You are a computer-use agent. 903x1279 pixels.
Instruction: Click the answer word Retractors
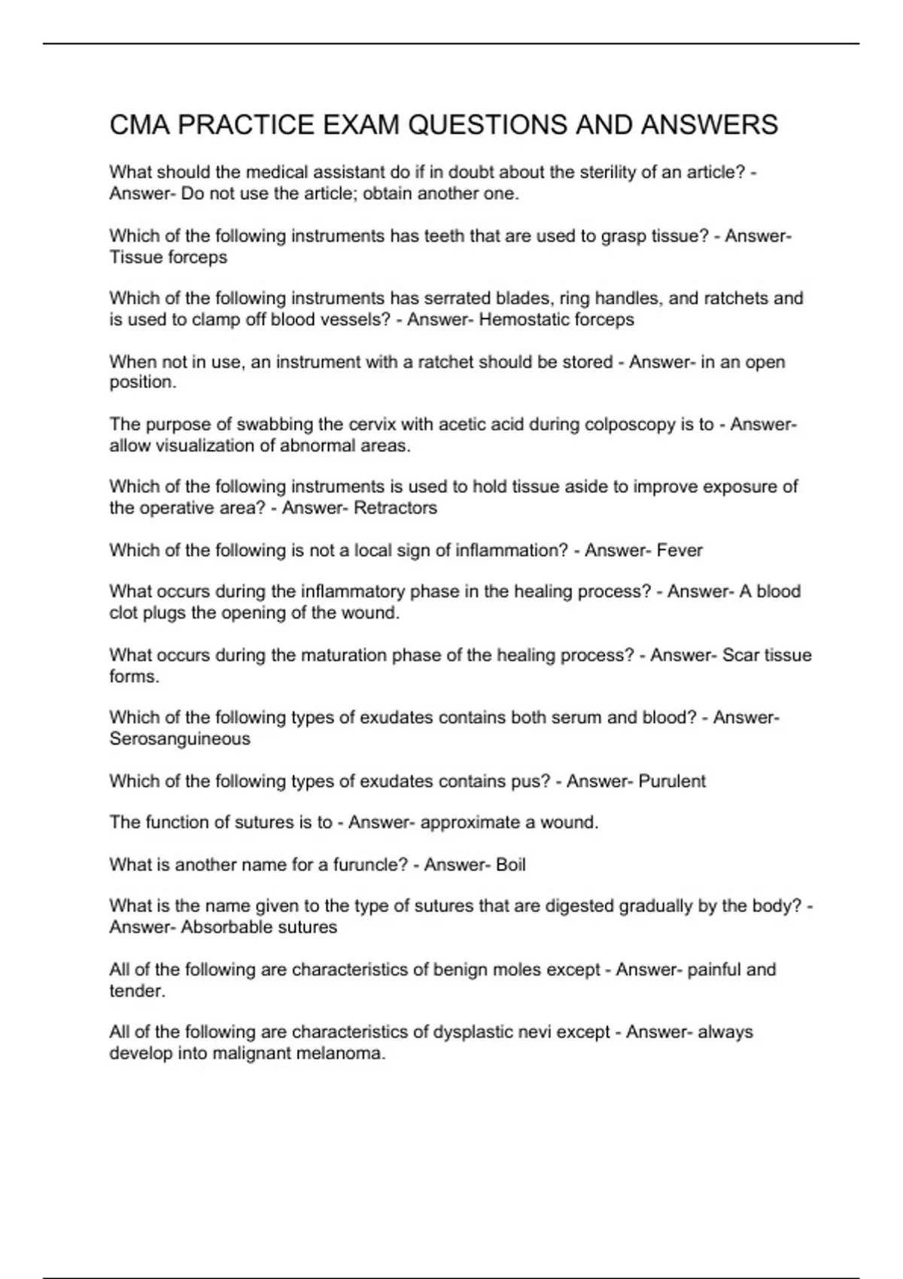click(x=395, y=508)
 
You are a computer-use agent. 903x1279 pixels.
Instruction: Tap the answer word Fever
click(x=680, y=551)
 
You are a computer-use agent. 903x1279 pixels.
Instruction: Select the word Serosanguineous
click(x=180, y=739)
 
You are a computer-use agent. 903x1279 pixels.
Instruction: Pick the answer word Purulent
click(x=672, y=782)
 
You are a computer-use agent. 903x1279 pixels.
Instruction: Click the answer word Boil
click(x=511, y=865)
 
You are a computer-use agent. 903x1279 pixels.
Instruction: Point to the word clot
click(x=122, y=613)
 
